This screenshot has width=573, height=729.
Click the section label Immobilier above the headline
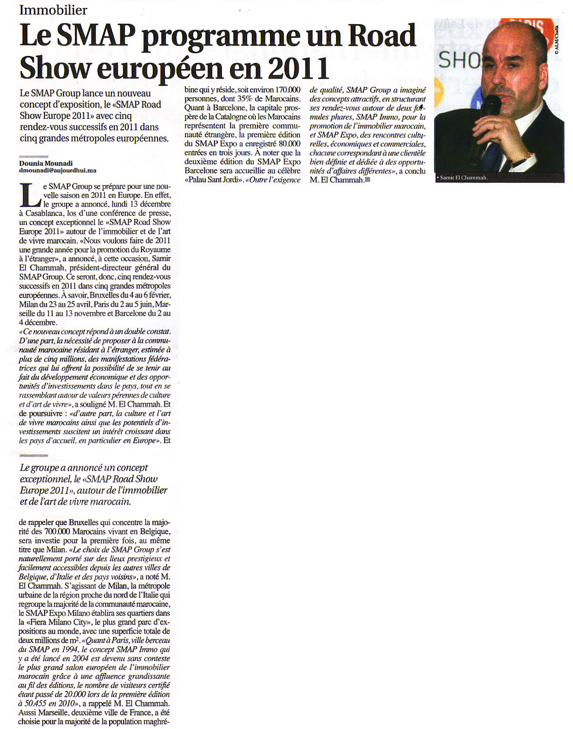click(53, 10)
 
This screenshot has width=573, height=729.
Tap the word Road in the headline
click(382, 36)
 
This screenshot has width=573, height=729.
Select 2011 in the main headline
click(298, 69)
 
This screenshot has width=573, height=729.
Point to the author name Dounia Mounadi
click(46, 163)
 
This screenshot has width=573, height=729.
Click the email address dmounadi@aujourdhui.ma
click(58, 171)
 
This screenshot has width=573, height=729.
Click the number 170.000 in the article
click(288, 90)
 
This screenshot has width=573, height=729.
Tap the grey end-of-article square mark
click(368, 180)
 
